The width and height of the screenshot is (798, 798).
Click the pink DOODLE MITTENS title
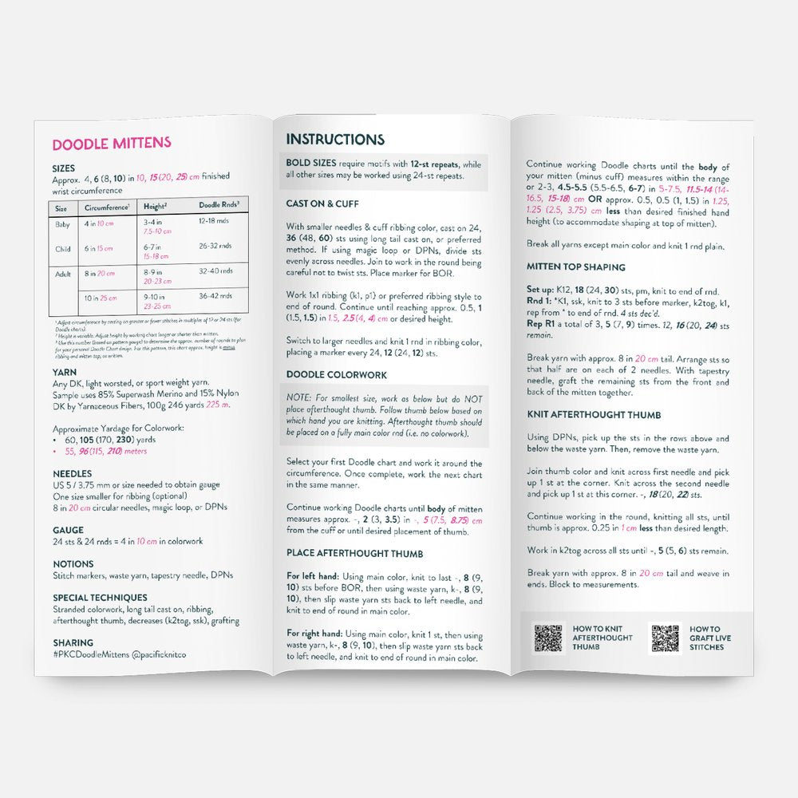[111, 144]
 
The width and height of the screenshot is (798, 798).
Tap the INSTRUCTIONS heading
[335, 140]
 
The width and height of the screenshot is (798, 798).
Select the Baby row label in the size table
[61, 225]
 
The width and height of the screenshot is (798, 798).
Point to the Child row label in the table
[62, 249]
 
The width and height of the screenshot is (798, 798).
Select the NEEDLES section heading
[73, 473]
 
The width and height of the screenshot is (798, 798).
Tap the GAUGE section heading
[68, 530]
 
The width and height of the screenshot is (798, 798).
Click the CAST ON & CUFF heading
[322, 203]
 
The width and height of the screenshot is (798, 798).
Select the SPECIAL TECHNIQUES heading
[100, 597]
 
